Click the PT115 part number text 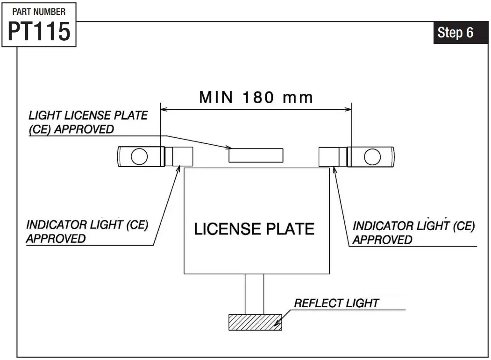[39, 31]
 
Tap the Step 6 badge [455, 33]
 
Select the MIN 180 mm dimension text [256, 97]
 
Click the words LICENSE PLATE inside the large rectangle [254, 229]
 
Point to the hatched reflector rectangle [255, 322]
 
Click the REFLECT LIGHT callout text [336, 303]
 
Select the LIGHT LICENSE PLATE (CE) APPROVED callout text [88, 122]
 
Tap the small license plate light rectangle [256, 155]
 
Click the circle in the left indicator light [139, 157]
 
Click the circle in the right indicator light [372, 157]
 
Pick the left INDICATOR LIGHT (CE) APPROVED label [87, 232]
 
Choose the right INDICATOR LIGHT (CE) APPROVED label [413, 233]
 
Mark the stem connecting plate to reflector [254, 294]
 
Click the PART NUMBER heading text [39, 11]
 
